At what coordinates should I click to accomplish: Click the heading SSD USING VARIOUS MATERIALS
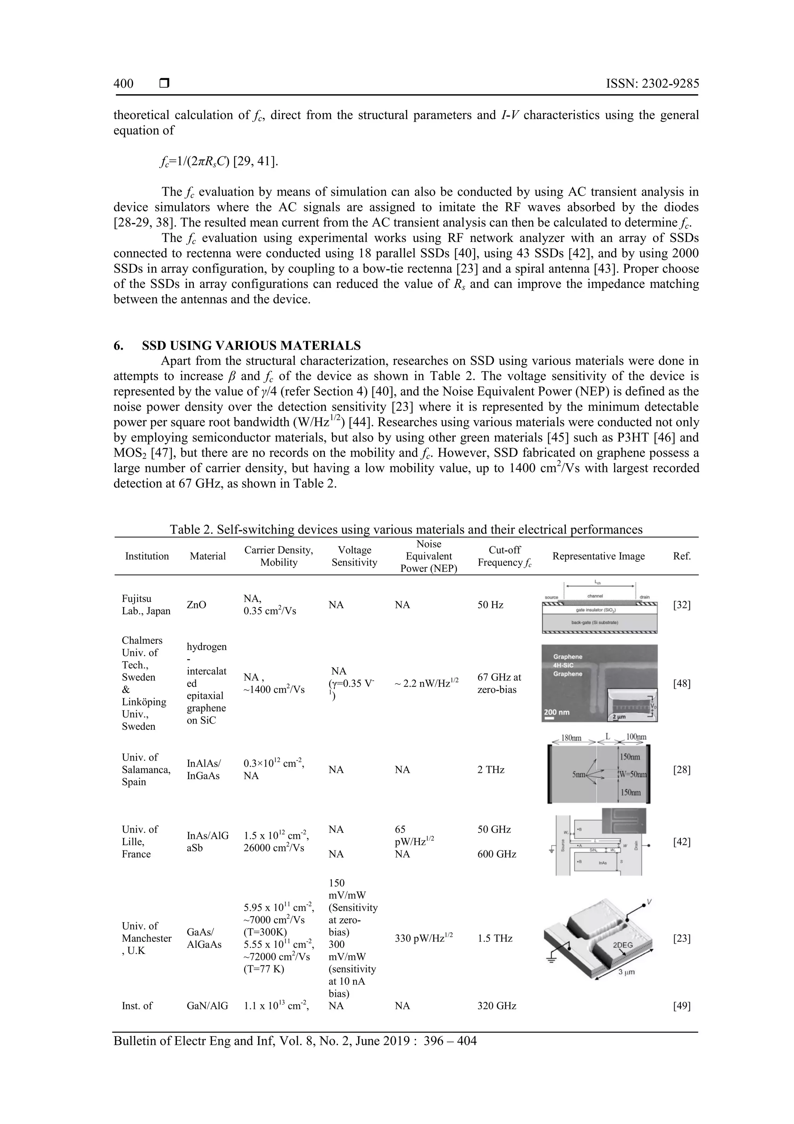coord(251,346)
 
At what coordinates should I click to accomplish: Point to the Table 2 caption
coord(406,529)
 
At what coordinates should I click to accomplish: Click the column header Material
coord(207,556)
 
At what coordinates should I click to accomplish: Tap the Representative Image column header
coord(598,556)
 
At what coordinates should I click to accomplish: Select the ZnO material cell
coord(196,605)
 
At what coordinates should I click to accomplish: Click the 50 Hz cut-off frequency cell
coord(490,605)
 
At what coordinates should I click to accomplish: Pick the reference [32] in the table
coord(682,605)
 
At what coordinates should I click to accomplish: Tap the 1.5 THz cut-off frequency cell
coord(495,939)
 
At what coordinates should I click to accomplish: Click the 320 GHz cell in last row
coord(497,1006)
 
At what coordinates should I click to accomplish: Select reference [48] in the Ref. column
coord(682,684)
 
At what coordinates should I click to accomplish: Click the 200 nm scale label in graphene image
coord(556,712)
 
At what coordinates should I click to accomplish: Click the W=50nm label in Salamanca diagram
coord(632,774)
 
